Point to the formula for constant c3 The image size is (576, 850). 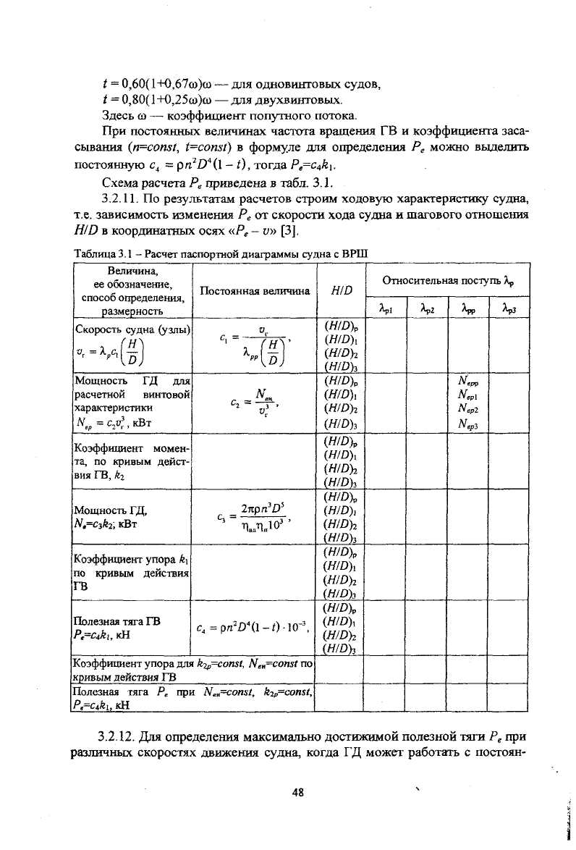[253, 515]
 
